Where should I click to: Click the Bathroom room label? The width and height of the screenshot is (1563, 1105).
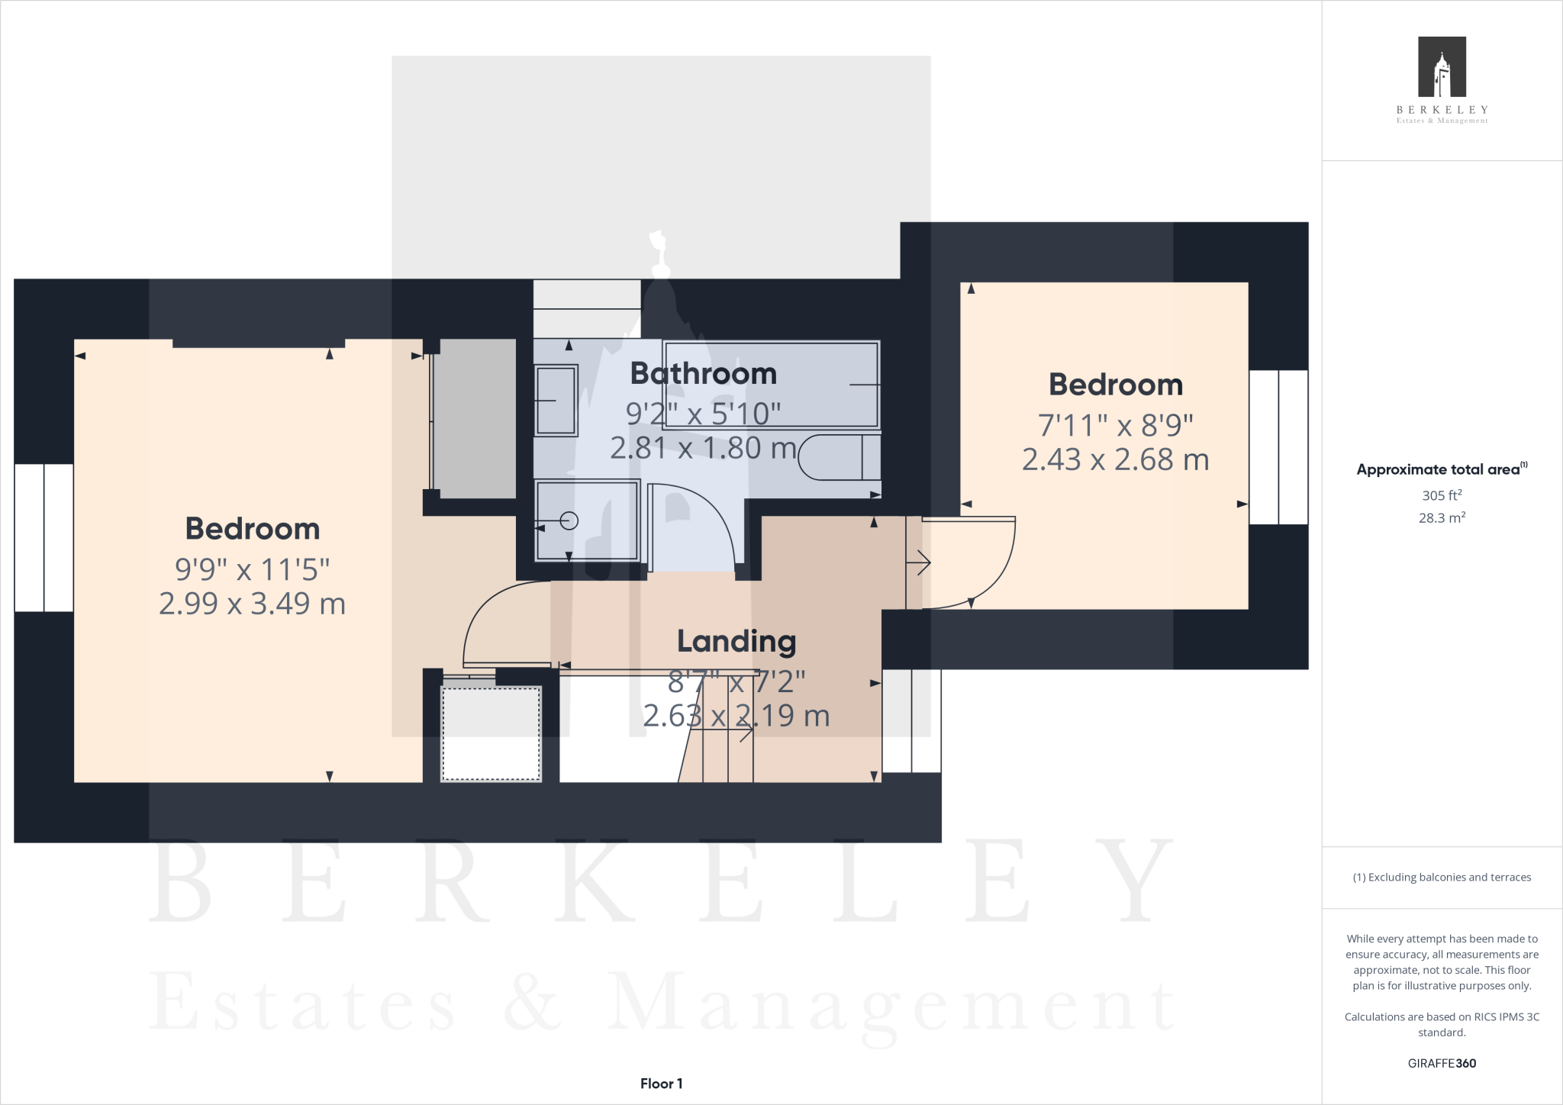click(703, 374)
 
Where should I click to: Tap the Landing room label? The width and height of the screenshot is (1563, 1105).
click(736, 641)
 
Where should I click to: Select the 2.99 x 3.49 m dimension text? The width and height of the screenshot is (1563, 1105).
click(252, 604)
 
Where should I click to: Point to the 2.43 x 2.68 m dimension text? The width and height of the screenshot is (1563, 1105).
click(1115, 459)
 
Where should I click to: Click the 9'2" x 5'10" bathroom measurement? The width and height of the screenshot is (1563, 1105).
click(703, 414)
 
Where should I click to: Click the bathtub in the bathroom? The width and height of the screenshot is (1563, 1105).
click(771, 385)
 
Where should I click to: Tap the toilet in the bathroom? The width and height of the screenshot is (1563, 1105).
click(840, 457)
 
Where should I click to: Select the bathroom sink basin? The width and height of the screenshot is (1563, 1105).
click(556, 400)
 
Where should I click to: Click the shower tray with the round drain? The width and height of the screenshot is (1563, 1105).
click(587, 520)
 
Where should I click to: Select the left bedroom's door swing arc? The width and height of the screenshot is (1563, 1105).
click(496, 618)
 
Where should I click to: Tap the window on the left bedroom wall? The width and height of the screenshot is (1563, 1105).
click(44, 537)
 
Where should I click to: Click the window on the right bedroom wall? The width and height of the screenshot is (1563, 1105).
click(1278, 447)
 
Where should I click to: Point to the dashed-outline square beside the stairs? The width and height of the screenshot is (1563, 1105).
click(491, 733)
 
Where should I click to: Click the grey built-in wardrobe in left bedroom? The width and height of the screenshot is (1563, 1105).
click(475, 418)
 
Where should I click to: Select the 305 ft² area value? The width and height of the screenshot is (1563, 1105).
click(1441, 495)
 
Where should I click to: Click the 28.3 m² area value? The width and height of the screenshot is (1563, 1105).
click(1441, 517)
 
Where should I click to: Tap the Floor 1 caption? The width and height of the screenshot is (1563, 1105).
click(661, 1083)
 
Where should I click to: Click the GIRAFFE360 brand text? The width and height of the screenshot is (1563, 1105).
click(1442, 1063)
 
